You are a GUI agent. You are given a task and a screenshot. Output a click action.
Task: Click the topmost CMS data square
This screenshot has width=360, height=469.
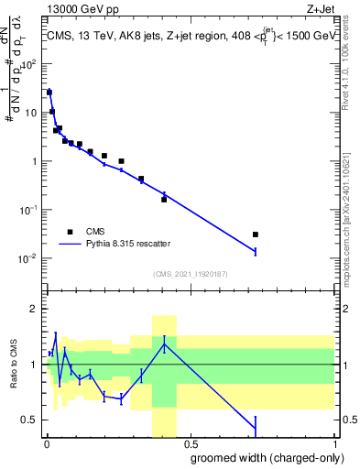(x=49, y=93)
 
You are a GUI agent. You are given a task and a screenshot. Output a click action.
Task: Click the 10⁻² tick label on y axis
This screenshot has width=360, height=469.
(x=29, y=258)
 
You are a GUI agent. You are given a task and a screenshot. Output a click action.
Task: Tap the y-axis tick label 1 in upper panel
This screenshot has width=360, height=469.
(x=34, y=162)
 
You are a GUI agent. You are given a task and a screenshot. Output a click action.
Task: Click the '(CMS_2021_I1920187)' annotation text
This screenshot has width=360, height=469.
(x=190, y=275)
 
